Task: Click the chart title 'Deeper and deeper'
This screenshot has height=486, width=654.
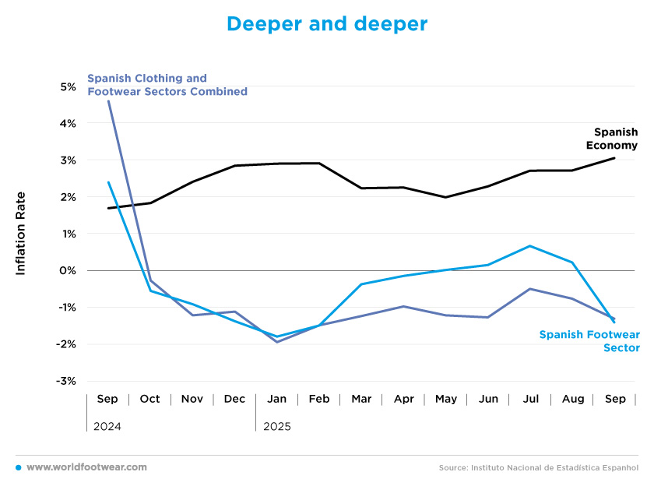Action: pos(327,24)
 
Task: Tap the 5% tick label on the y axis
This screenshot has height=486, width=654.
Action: pos(67,87)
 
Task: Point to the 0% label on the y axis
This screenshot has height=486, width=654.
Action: pos(67,271)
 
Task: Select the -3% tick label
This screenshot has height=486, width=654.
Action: pos(65,381)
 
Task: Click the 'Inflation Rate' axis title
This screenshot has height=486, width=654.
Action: pos(21,233)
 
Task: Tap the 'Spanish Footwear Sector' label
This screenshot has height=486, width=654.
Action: pos(589,341)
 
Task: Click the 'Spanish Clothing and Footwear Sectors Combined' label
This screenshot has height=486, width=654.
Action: pos(167,85)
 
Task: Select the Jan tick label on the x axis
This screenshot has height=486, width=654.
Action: pos(276,399)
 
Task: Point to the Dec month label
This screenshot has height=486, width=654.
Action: pos(234,399)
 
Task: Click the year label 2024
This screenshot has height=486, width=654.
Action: pos(107,427)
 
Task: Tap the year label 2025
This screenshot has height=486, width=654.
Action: pos(276,427)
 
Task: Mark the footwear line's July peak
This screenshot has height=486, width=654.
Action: pos(530,246)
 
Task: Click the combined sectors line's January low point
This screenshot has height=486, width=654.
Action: pos(276,342)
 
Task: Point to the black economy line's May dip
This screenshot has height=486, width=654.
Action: pos(445,197)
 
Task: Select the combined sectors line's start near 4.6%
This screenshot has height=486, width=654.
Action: pos(108,101)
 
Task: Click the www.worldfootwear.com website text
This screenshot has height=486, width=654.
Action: pos(86,467)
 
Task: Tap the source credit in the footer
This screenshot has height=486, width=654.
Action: pos(538,468)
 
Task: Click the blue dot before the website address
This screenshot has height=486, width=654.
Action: pos(18,467)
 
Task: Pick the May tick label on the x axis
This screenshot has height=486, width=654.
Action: pos(446,399)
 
